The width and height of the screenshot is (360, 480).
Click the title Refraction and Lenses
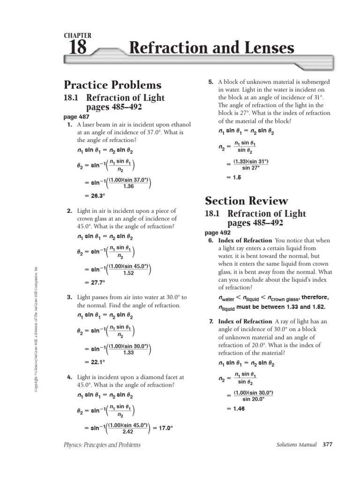(x=211, y=48)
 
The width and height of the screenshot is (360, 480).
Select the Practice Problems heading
(x=112, y=85)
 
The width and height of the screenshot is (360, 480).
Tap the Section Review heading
(x=247, y=201)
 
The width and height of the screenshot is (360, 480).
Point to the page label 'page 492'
(x=217, y=232)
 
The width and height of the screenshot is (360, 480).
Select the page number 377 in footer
(x=327, y=444)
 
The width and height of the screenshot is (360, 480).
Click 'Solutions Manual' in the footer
(x=297, y=444)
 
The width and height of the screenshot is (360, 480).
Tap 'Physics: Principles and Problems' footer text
(x=102, y=444)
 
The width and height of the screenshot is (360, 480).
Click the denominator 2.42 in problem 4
(x=128, y=432)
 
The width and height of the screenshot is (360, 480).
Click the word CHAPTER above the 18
(x=77, y=36)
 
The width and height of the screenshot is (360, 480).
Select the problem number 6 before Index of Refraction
(x=211, y=240)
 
